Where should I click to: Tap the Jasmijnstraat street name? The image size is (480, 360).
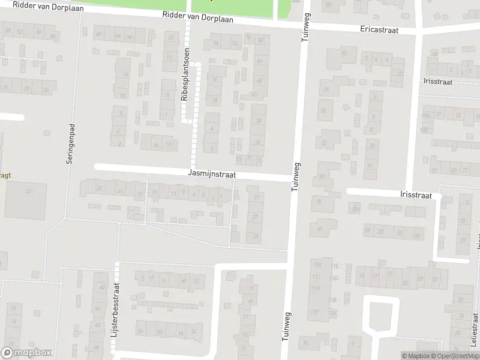212,174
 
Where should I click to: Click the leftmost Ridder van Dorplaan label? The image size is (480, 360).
28,5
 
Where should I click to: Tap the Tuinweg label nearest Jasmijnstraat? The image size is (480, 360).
295,176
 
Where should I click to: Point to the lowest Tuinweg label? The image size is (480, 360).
286,328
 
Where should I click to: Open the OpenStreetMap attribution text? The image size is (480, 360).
454,356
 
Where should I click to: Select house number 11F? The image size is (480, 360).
315,311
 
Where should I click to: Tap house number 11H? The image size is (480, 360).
315,289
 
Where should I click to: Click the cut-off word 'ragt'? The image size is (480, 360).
6,176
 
